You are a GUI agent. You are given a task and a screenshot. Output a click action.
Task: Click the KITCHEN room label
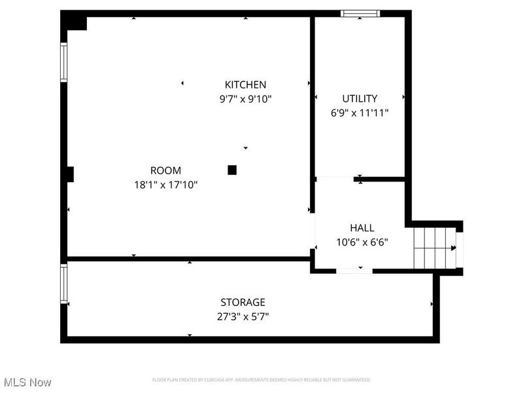pos(245,84)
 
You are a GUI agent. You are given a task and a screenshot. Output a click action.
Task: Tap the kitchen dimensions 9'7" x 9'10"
pos(245,99)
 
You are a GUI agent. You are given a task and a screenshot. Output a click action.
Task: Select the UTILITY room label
pos(360,98)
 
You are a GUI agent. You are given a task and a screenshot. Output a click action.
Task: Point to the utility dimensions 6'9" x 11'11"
pos(360,113)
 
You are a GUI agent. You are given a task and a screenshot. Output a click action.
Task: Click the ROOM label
pos(165,170)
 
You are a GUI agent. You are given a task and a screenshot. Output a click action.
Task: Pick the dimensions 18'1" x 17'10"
pos(165,185)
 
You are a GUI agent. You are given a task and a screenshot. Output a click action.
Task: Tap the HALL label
pos(362,228)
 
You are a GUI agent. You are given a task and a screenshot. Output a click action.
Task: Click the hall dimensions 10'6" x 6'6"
pos(362,242)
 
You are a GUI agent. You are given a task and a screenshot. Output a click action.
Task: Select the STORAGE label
pos(243,302)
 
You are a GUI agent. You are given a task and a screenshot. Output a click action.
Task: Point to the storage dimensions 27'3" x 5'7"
pos(243,316)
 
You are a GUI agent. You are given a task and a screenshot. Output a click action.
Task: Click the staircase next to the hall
pos(434,248)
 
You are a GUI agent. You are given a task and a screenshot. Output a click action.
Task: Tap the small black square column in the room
pos(231,170)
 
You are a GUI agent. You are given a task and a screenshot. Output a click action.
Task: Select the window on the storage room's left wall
pos(64,284)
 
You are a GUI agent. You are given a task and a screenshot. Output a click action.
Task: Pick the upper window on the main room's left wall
pos(64,62)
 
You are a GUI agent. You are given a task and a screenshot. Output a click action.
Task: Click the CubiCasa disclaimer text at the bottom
pos(261,380)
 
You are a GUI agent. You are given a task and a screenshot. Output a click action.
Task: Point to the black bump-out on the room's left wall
pos(69,174)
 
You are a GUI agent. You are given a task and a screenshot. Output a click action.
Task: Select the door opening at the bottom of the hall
pos(354,270)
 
